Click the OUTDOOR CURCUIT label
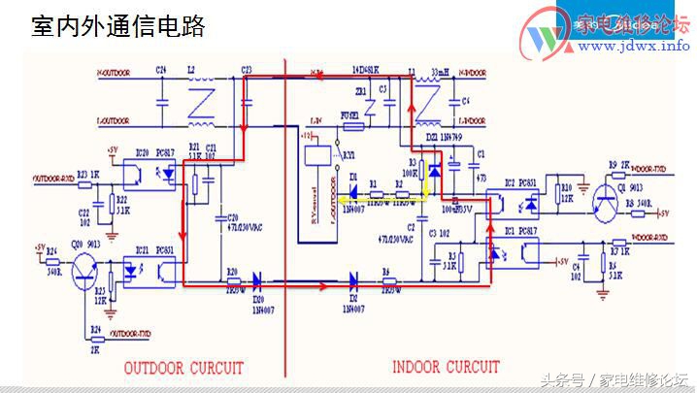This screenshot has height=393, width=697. (x=183, y=368)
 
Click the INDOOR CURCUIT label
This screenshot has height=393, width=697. (x=446, y=367)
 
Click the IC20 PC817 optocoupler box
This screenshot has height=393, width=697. (x=155, y=174)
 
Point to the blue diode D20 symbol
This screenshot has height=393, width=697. (x=259, y=282)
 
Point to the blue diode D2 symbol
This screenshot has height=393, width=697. (x=351, y=282)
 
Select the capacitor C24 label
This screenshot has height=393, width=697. (x=161, y=70)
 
